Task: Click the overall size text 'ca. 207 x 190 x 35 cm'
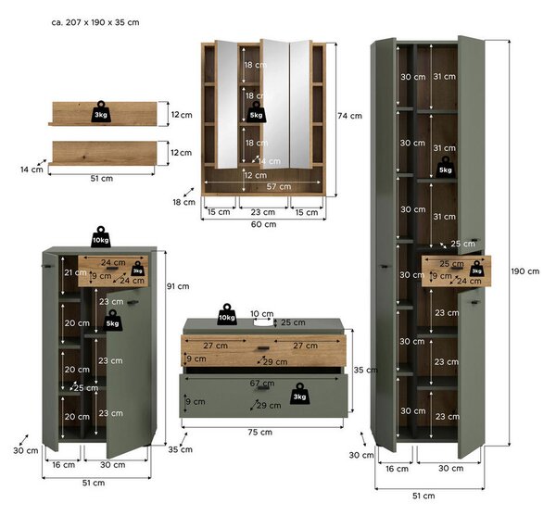(95, 22)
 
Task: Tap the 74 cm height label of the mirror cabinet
(349, 116)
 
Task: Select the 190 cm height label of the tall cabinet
(525, 271)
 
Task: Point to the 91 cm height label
(178, 286)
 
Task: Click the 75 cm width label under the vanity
(260, 433)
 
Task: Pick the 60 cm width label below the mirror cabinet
(263, 224)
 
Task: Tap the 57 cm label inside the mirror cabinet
(279, 186)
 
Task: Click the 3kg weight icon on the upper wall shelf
(101, 112)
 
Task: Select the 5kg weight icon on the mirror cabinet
(256, 112)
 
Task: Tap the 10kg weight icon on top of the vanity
(227, 314)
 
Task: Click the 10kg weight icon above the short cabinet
(101, 237)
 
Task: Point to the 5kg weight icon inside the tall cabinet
(446, 167)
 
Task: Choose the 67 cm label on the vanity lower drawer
(262, 384)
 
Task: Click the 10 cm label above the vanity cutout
(262, 314)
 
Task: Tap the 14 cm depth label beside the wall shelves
(32, 170)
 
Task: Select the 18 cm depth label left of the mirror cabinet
(184, 202)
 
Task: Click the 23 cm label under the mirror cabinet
(263, 212)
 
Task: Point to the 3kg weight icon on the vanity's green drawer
(299, 394)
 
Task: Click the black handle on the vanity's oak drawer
(263, 348)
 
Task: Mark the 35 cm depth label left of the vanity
(181, 449)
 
